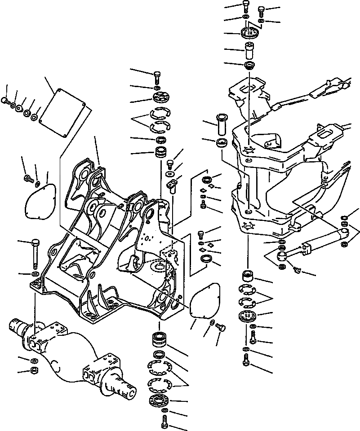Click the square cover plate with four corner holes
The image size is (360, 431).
coord(63,112)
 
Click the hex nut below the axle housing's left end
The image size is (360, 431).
coord(33,371)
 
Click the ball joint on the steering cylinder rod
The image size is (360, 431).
coord(283,257)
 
